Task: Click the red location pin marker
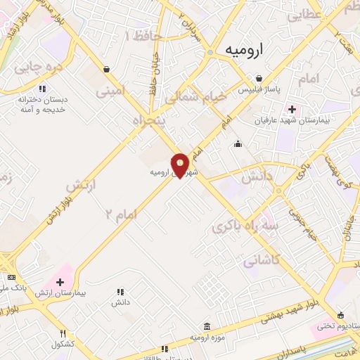(x=181, y=165)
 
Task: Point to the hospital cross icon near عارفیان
(x=292, y=110)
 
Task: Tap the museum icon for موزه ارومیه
(x=206, y=327)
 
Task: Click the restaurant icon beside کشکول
(x=63, y=333)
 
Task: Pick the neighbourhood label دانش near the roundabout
(x=257, y=179)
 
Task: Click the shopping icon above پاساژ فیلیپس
(x=259, y=79)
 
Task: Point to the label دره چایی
(x=34, y=69)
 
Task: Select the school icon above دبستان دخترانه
(x=42, y=89)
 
